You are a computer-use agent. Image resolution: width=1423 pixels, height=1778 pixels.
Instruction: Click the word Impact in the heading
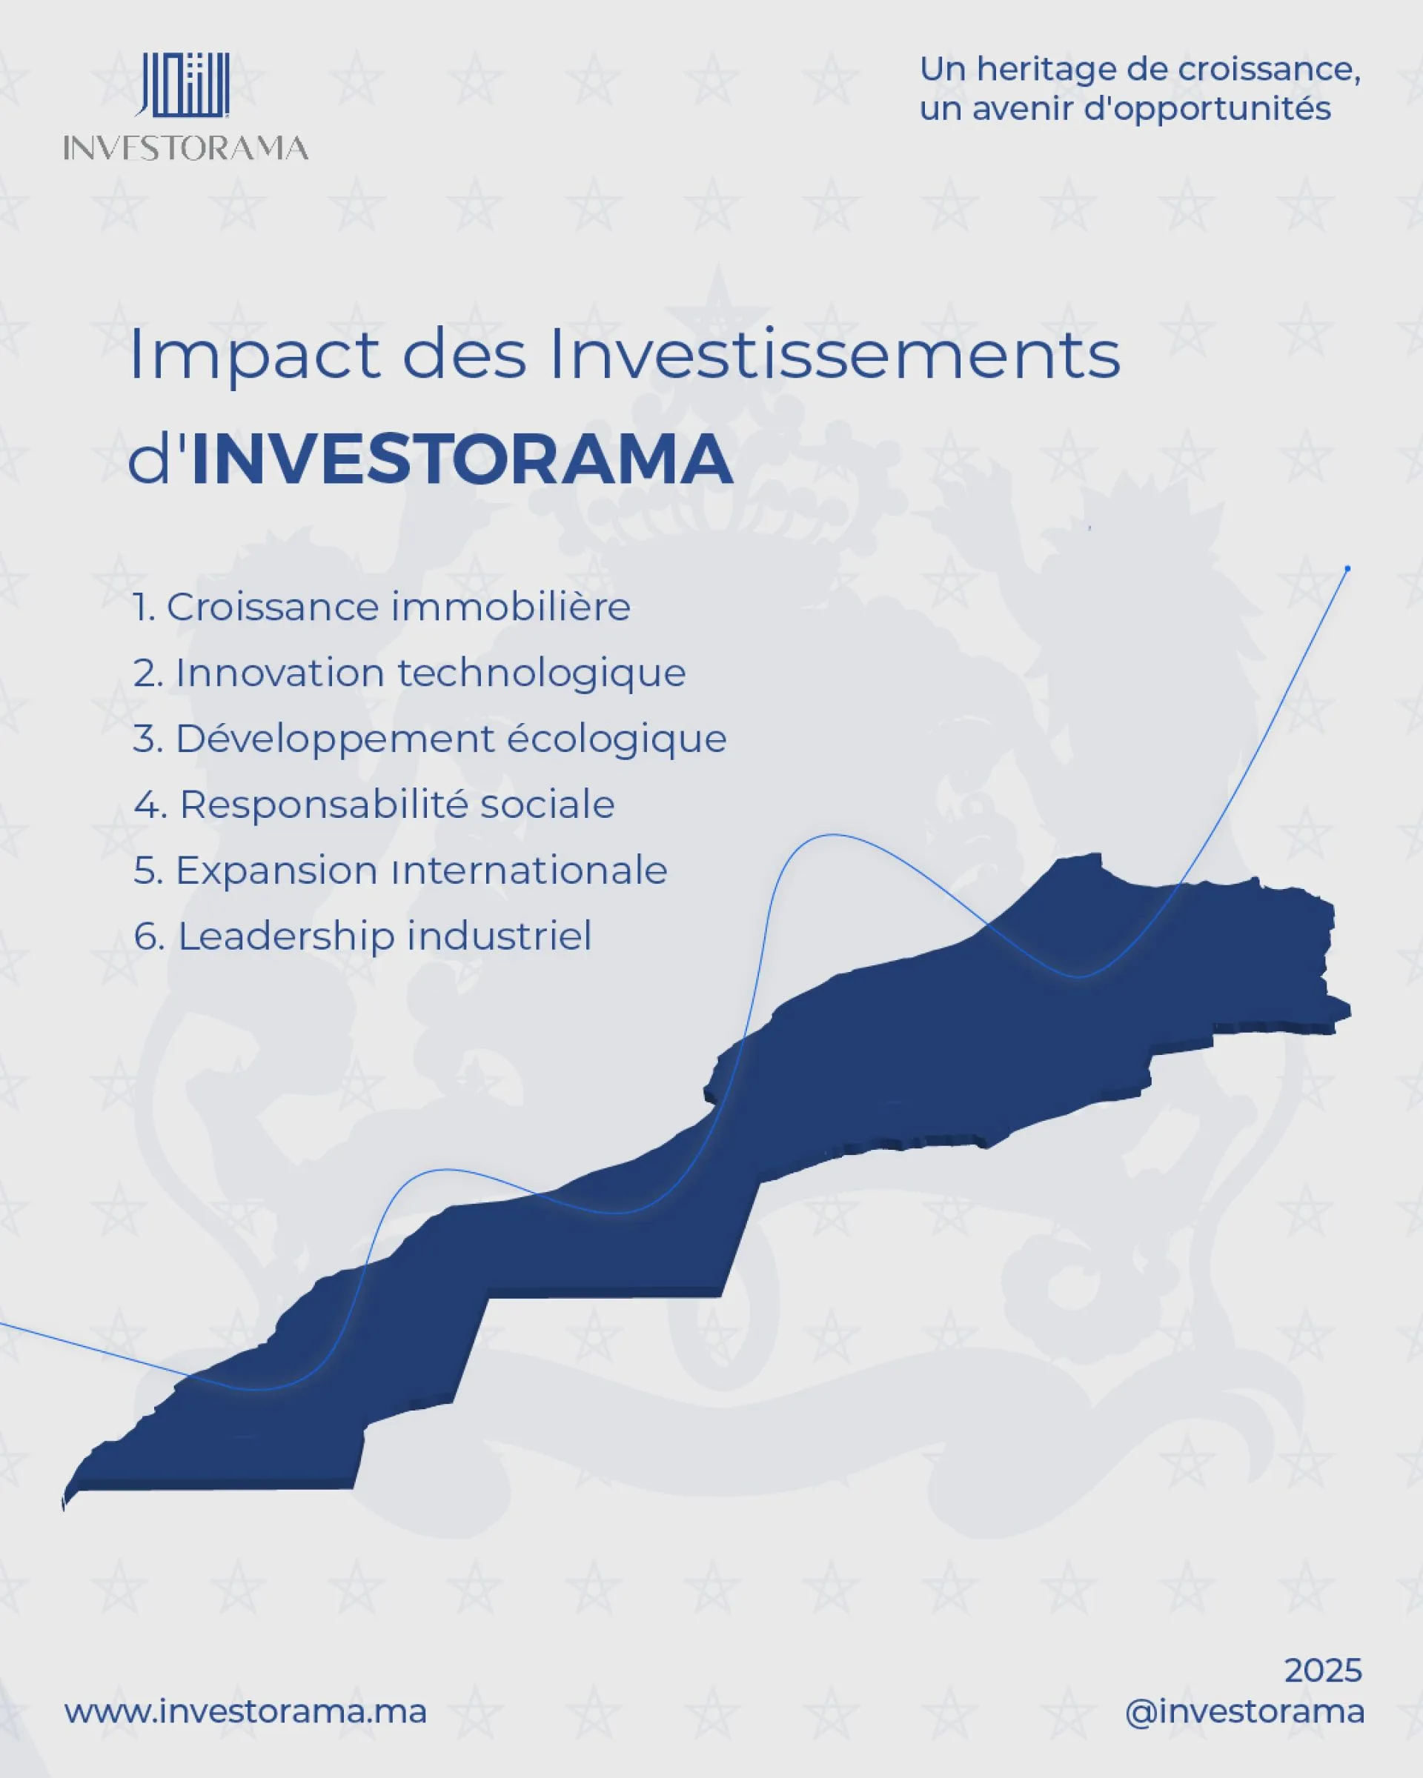point(255,356)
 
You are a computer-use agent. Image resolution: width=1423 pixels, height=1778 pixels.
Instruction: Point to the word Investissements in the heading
point(834,354)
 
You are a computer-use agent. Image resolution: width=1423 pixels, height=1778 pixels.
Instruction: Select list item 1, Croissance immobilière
point(381,607)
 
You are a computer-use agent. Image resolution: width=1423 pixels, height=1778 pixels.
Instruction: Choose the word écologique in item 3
point(616,738)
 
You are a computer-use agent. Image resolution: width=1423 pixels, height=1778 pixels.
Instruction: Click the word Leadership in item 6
point(287,936)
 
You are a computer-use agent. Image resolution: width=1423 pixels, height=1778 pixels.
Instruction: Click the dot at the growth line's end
point(1347,569)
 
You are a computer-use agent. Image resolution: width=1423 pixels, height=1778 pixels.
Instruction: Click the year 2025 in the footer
point(1323,1671)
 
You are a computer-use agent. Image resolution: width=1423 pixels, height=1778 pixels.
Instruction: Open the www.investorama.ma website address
point(246,1712)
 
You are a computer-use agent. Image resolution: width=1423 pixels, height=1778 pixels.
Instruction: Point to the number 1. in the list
point(145,607)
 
